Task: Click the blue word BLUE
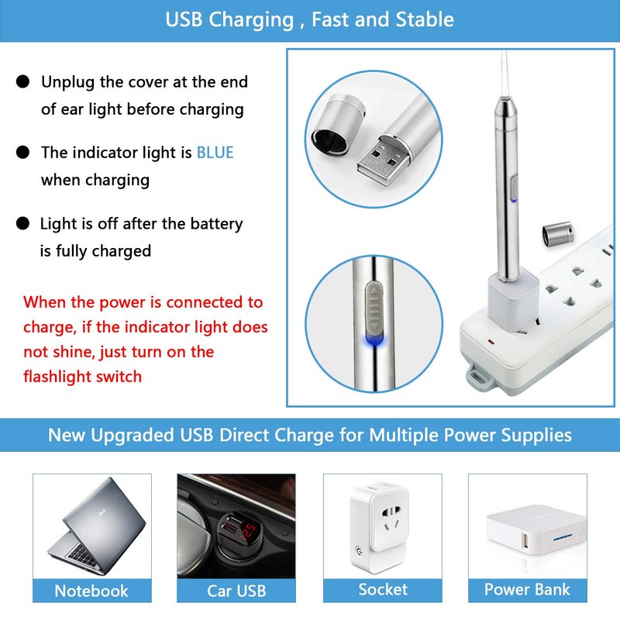pyautogui.click(x=215, y=153)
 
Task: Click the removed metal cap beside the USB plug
pyautogui.click(x=337, y=123)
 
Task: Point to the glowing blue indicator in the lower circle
pyautogui.click(x=374, y=340)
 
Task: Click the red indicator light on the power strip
pyautogui.click(x=491, y=341)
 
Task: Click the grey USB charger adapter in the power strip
pyautogui.click(x=513, y=301)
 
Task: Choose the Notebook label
pyautogui.click(x=91, y=591)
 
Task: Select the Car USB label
pyautogui.click(x=236, y=591)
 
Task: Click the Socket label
pyautogui.click(x=383, y=589)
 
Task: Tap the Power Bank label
pyautogui.click(x=528, y=589)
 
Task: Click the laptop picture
pyautogui.click(x=98, y=526)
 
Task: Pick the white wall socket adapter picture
pyautogui.click(x=380, y=526)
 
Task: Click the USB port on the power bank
pyautogui.click(x=525, y=540)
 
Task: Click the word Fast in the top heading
pyautogui.click(x=330, y=19)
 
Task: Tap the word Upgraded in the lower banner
pyautogui.click(x=133, y=436)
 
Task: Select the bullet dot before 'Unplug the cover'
pyautogui.click(x=23, y=81)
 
